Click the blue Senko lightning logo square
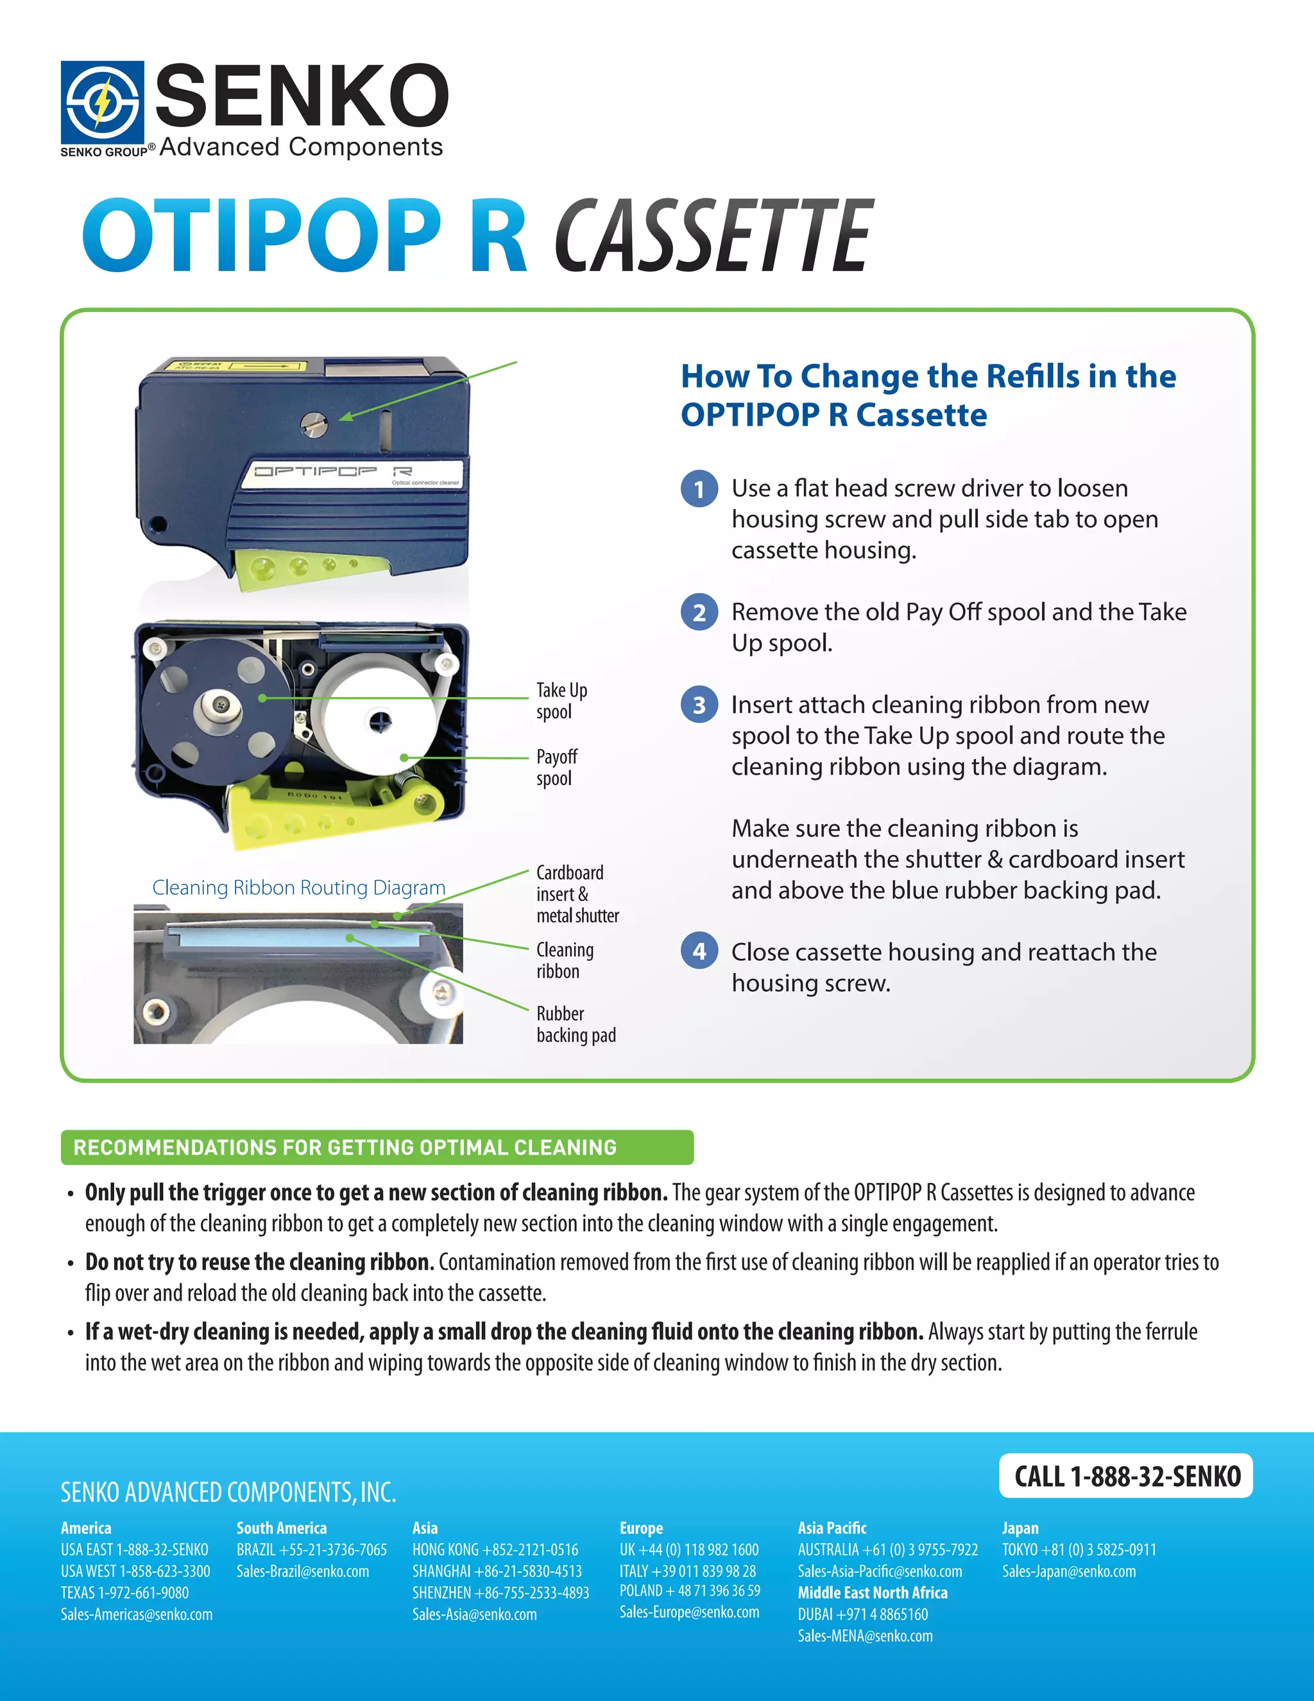102,102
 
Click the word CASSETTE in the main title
714,236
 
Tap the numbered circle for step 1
699,489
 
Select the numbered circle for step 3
699,705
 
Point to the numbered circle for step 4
699,951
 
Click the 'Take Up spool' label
561,701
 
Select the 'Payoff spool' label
556,767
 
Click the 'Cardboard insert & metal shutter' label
577,894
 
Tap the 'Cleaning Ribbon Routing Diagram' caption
298,888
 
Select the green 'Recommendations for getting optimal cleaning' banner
377,1147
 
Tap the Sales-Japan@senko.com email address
1068,1572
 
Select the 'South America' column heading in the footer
281,1528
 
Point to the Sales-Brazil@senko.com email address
303,1572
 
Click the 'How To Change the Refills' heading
927,395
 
